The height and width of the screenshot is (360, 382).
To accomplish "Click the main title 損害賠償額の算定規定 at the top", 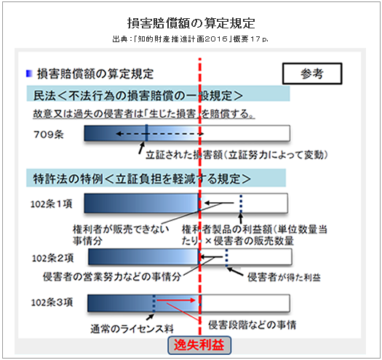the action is pos(191,23).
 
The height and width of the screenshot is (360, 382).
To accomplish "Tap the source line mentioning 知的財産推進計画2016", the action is pos(190,39).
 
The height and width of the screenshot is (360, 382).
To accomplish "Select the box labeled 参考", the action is pos(312,73).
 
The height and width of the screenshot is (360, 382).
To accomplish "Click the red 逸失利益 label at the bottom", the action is pos(199,345).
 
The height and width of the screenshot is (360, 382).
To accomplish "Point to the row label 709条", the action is pos(49,135).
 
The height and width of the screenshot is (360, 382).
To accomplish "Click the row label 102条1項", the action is pos(52,204).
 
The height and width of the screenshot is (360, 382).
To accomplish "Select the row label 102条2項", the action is pos(52,258).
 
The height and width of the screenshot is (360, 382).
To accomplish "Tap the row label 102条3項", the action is pos(52,303).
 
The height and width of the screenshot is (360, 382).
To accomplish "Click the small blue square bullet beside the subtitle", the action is pos(29,73).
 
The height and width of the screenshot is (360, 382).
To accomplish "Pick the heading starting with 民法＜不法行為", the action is pos(138,95).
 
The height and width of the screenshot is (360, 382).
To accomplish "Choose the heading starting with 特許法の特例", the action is pos(142,179).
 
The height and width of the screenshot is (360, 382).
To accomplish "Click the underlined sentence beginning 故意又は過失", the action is pos(144,114).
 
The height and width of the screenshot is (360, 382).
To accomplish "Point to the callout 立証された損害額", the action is pos(236,155).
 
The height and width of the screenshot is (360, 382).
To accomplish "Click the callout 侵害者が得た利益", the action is pos(284,277).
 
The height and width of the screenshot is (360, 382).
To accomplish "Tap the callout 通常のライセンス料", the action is pos(132,329).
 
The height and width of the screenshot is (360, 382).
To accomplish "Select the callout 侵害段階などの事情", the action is pos(252,325).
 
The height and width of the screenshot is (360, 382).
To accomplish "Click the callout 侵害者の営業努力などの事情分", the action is pos(112,277).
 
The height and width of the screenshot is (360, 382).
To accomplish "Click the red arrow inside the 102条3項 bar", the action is pos(176,300).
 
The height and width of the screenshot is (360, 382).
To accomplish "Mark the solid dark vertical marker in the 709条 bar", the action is pos(146,133).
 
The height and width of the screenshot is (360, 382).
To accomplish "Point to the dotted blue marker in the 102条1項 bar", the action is pos(241,204).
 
